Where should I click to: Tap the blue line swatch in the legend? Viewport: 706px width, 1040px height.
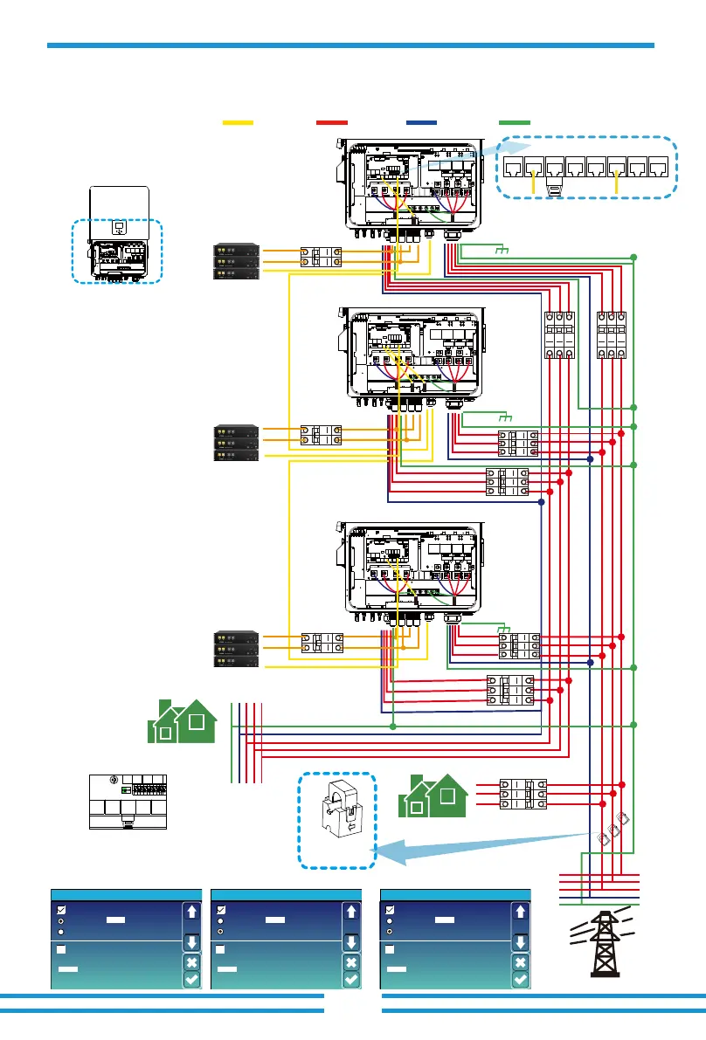coord(425,124)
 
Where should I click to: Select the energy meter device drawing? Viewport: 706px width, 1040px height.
coord(128,800)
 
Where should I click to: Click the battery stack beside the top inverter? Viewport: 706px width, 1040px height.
coord(237,260)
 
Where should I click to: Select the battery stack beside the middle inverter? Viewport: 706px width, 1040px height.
coord(237,443)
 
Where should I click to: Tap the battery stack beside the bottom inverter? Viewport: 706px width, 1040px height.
coord(237,650)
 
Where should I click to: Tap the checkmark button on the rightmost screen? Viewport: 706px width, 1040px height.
coord(519,980)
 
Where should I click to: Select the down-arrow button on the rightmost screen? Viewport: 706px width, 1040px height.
coord(519,942)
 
